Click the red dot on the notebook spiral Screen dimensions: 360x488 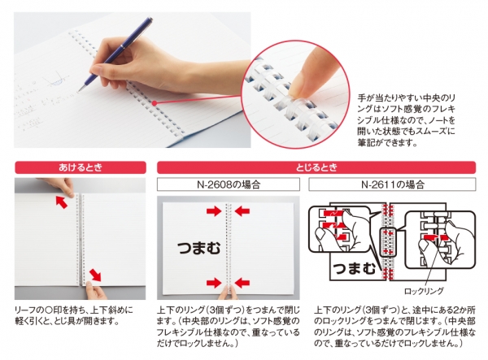point(152,102)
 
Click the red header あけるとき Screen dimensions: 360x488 point(79,167)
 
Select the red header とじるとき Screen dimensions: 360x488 point(315,167)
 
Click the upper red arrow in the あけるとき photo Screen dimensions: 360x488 point(63,200)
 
